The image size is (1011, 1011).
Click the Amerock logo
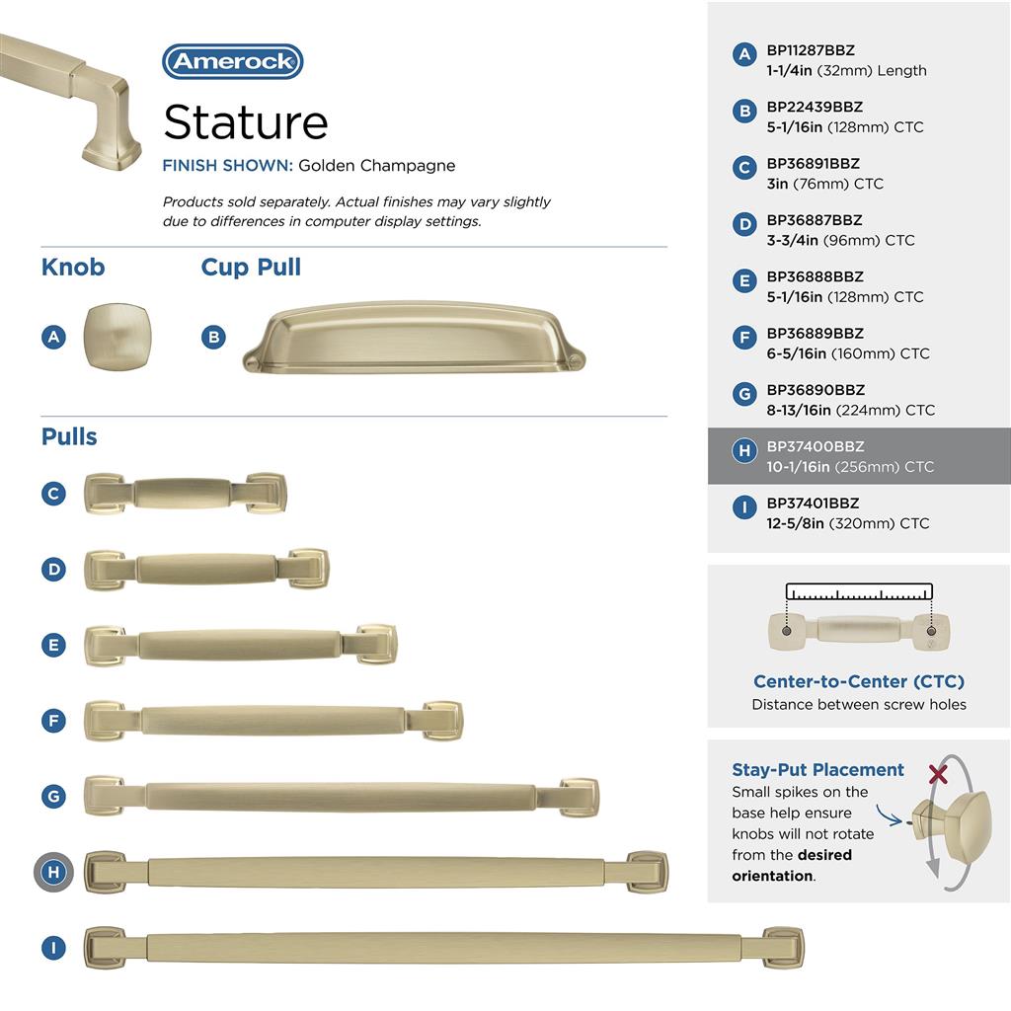pyautogui.click(x=233, y=62)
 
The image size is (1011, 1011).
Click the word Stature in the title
pyautogui.click(x=246, y=121)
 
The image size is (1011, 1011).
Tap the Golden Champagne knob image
pyautogui.click(x=117, y=337)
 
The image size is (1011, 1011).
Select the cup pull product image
pyautogui.click(x=414, y=338)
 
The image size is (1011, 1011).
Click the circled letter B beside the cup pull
pyautogui.click(x=213, y=337)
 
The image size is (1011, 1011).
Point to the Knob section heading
pyautogui.click(x=73, y=267)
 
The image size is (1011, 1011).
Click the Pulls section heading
pyautogui.click(x=69, y=436)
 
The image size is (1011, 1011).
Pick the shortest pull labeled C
pyautogui.click(x=185, y=494)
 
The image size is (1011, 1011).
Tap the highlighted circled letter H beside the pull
pyautogui.click(x=53, y=873)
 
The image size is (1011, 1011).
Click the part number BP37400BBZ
pyautogui.click(x=815, y=446)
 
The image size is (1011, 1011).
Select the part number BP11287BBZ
pyautogui.click(x=811, y=50)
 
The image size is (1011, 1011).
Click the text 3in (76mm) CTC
pyautogui.click(x=824, y=184)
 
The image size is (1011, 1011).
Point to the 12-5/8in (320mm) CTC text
pyautogui.click(x=848, y=523)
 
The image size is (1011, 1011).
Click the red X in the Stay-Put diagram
pyautogui.click(x=938, y=774)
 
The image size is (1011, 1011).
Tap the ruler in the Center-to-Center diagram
pyautogui.click(x=859, y=591)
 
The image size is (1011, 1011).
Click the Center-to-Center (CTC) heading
pyautogui.click(x=859, y=681)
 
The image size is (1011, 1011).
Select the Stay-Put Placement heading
pyautogui.click(x=817, y=770)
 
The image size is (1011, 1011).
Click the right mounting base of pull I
pyautogui.click(x=783, y=947)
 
